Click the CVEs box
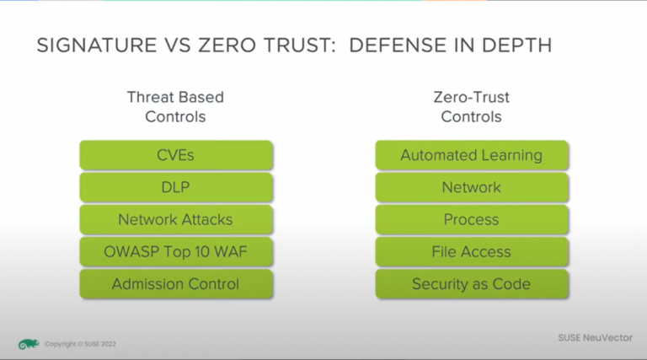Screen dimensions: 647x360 (176, 155)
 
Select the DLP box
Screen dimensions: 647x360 (176, 187)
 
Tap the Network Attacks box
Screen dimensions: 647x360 (176, 220)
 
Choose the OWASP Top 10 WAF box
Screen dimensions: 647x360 (176, 252)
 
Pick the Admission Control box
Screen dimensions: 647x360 (176, 284)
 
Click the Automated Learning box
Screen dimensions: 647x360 (472, 155)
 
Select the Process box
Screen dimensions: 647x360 (472, 220)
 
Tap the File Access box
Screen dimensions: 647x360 (472, 252)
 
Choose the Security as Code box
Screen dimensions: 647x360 (472, 284)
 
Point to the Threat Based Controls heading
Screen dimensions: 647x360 (175, 107)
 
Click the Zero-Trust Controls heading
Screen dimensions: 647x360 (471, 107)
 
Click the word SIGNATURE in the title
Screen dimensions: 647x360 (97, 46)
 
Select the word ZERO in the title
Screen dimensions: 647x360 (227, 46)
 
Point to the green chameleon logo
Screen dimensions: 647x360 (29, 344)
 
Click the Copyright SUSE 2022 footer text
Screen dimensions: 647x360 (80, 344)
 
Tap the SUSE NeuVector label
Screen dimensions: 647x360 (595, 338)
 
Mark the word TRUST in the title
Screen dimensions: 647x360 (300, 46)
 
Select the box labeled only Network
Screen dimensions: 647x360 (472, 187)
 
